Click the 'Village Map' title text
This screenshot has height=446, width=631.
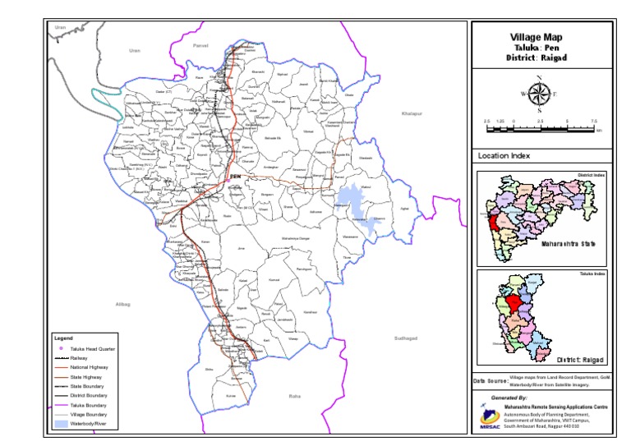[x=538, y=37]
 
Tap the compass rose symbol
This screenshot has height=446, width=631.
[x=539, y=94]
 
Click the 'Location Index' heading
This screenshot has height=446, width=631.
[x=504, y=155]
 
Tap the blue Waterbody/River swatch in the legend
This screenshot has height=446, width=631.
[x=62, y=424]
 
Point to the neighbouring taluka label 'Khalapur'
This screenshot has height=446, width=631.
[x=411, y=113]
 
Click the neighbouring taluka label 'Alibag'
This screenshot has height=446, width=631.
[x=124, y=304]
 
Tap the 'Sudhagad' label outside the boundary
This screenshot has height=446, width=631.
[x=406, y=338]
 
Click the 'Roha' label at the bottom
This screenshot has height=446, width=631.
[x=295, y=397]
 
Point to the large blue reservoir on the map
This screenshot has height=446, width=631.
[x=349, y=200]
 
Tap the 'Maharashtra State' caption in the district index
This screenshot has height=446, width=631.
[x=568, y=244]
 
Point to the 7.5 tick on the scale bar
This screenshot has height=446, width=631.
[x=593, y=121]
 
